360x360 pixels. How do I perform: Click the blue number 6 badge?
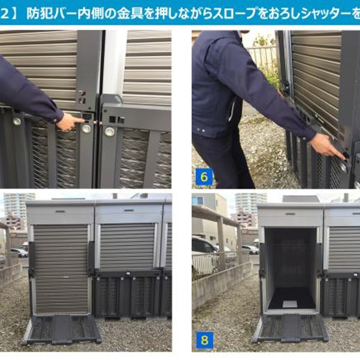click(x=203, y=177)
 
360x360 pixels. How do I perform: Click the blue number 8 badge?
click(x=204, y=341)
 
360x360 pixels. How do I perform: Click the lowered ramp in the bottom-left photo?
click(x=61, y=329)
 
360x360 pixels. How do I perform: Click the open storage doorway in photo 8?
click(x=291, y=270)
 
